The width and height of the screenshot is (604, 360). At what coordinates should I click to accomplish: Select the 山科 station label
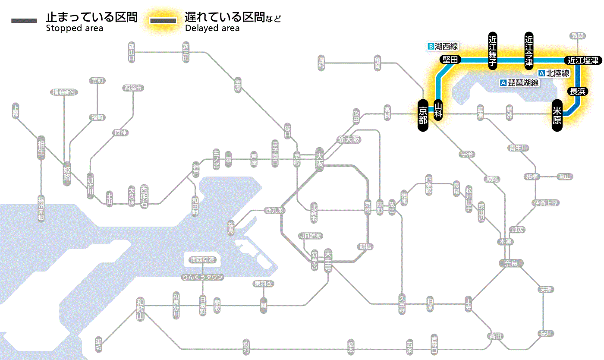[438, 110]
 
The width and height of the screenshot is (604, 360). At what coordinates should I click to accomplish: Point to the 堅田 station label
[450, 60]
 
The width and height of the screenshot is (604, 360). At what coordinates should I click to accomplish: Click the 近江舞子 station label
[493, 50]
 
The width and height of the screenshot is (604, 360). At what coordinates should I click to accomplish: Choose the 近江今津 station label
[529, 50]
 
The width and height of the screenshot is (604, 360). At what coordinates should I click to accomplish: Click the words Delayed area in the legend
[212, 28]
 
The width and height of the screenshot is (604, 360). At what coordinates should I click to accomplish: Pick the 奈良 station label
[511, 263]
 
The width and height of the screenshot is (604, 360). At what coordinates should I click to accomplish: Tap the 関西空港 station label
[203, 260]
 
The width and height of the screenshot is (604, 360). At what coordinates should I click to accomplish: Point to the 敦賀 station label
[578, 36]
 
